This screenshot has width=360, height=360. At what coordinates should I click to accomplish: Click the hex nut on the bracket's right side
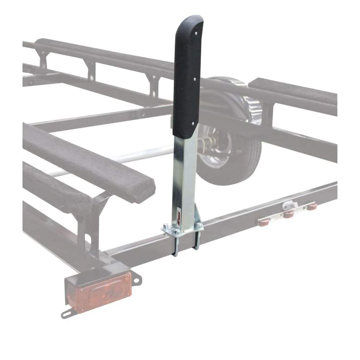point(198,226)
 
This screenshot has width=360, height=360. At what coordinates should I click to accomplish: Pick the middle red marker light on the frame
point(288,215)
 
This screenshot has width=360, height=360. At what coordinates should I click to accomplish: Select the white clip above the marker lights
point(288,205)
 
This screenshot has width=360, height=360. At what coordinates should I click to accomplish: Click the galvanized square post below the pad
point(185,176)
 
